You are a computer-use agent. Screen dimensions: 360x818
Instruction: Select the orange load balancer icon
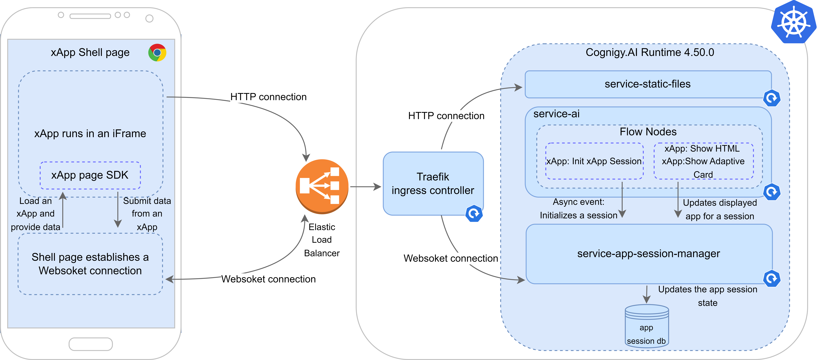pyautogui.click(x=322, y=186)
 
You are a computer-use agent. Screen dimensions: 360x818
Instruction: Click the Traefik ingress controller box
pyautogui.click(x=433, y=184)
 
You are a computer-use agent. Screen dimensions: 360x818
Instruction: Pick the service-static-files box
pyautogui.click(x=648, y=84)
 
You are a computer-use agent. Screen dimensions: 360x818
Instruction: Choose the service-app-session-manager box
pyautogui.click(x=649, y=254)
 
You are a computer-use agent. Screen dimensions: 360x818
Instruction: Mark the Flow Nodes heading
pyautogui.click(x=648, y=132)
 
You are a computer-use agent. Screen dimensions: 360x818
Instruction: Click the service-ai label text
pyautogui.click(x=556, y=114)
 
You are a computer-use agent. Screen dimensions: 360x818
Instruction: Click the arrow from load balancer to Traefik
pyautogui.click(x=365, y=187)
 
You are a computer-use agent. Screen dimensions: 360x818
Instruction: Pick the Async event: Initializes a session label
pyautogui.click(x=579, y=209)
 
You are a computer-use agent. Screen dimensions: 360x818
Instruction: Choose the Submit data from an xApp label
pyautogui.click(x=147, y=214)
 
